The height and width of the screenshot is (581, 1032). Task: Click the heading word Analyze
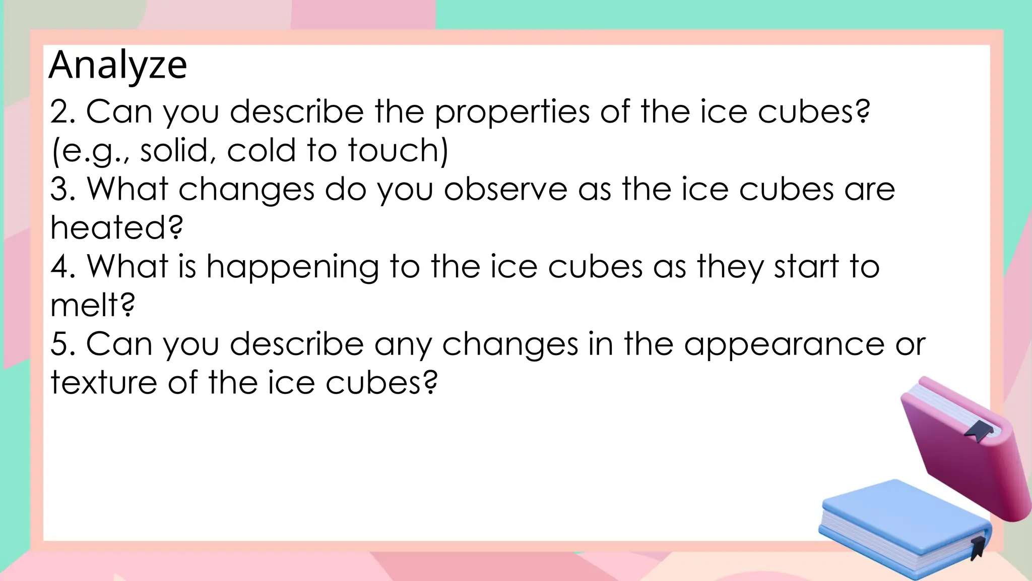pyautogui.click(x=118, y=66)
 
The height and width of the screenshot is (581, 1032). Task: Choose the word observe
pyautogui.click(x=505, y=190)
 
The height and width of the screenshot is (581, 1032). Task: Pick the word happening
pyautogui.click(x=292, y=268)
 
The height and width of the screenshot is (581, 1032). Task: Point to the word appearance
pyautogui.click(x=784, y=345)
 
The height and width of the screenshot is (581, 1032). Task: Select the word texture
pyautogui.click(x=104, y=383)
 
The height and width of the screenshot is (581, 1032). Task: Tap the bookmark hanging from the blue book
pyautogui.click(x=978, y=547)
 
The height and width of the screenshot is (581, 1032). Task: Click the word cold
pyautogui.click(x=261, y=150)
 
